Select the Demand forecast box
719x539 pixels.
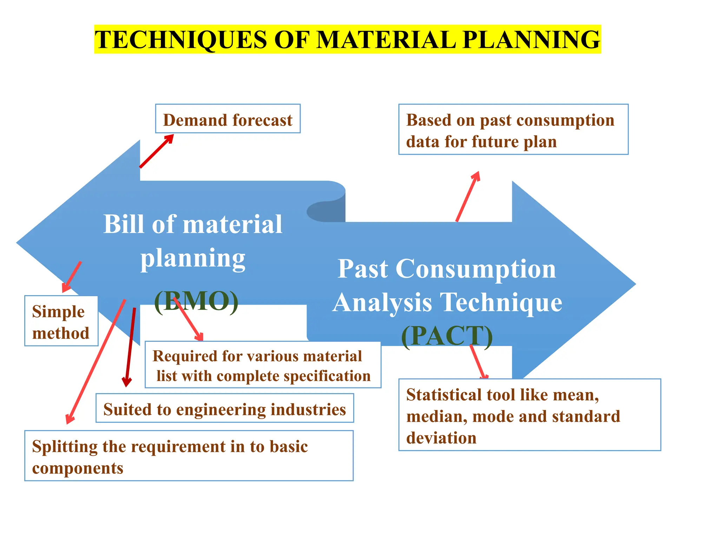tap(227, 119)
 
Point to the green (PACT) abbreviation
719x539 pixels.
tap(447, 336)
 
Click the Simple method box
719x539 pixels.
tap(61, 321)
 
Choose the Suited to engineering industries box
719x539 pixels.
tap(225, 408)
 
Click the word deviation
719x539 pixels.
tap(441, 438)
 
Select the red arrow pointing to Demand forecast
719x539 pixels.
tap(156, 151)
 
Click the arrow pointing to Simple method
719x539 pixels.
tap(72, 277)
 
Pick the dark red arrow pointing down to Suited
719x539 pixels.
tap(130, 347)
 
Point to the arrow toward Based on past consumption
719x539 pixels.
tap(468, 197)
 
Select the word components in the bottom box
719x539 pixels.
tap(78, 468)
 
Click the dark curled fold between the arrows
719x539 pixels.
tap(326, 211)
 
